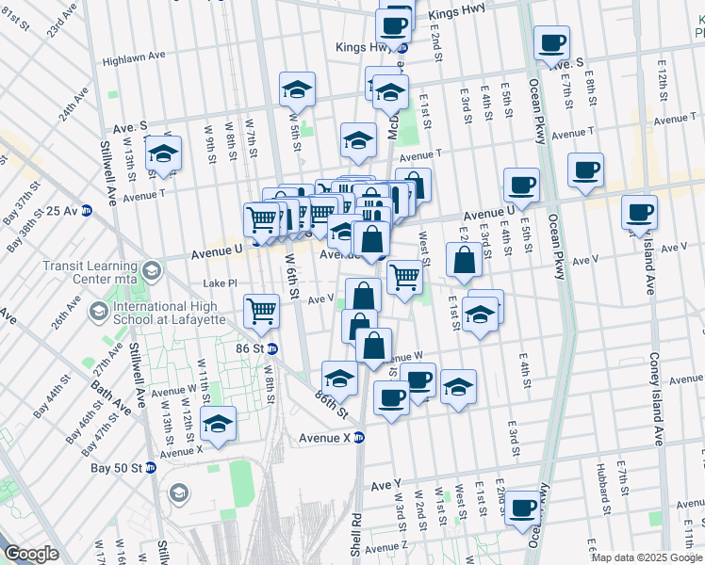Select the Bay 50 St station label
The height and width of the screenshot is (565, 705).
click(117, 468)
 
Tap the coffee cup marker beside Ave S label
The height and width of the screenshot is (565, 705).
click(551, 43)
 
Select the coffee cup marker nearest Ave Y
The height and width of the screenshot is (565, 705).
click(521, 508)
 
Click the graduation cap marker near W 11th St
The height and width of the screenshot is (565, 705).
click(219, 425)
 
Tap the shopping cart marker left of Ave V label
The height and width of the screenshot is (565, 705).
click(261, 310)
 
